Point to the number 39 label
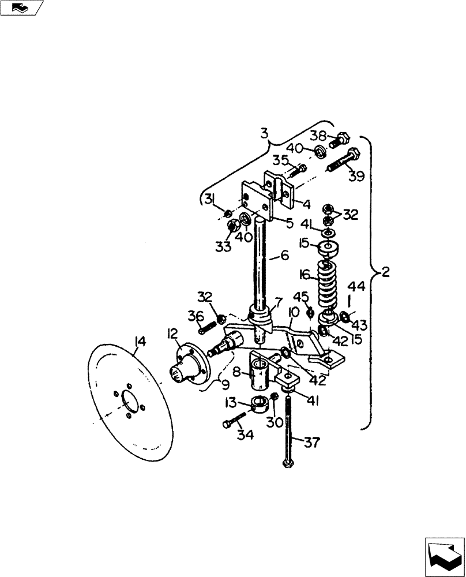[x=355, y=175]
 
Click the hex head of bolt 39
[x=353, y=154]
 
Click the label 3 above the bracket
[x=264, y=134]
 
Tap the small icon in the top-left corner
[x=22, y=8]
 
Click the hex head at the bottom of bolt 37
[x=287, y=463]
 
